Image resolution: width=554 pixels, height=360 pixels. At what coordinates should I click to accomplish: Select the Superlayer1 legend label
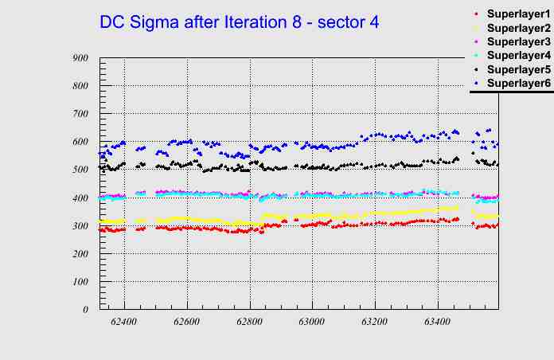[x=517, y=14]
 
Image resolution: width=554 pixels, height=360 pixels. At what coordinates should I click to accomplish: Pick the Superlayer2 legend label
[x=517, y=28]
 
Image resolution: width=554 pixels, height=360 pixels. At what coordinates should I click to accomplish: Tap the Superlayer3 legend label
[x=517, y=41]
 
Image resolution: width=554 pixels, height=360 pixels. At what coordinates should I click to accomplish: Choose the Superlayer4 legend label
[x=517, y=55]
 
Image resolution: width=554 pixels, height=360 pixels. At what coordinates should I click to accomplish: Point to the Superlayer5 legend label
[x=517, y=69]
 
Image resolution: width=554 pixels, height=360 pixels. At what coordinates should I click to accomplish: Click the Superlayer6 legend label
[x=517, y=83]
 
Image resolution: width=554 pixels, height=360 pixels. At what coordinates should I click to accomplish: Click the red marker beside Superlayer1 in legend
[x=477, y=14]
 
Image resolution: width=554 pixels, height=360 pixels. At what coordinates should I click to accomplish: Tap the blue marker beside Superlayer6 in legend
[x=477, y=83]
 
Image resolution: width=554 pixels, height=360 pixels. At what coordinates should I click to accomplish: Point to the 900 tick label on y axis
[x=80, y=58]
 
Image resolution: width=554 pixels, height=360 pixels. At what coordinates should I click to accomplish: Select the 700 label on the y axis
[x=80, y=114]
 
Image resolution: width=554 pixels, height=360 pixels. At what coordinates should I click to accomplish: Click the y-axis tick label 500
[x=80, y=170]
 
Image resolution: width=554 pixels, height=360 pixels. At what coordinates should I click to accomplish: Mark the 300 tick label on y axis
[x=80, y=225]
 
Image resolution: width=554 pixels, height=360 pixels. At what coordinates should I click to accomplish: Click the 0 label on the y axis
[x=85, y=310]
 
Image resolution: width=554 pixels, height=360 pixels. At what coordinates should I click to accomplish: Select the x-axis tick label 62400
[x=124, y=323]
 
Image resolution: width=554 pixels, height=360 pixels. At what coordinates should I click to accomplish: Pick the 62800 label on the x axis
[x=249, y=323]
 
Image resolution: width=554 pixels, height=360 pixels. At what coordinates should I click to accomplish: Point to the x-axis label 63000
[x=311, y=323]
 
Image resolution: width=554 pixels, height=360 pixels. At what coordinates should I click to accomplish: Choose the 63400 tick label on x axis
[x=436, y=323]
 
